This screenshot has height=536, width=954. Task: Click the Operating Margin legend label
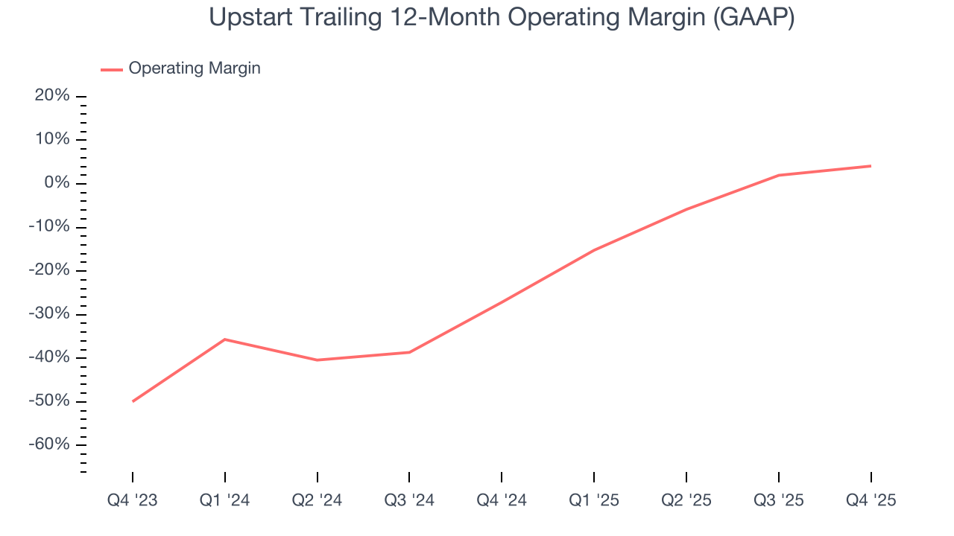click(x=195, y=68)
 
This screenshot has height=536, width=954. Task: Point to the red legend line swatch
click(x=112, y=69)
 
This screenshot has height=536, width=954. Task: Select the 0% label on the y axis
click(x=57, y=183)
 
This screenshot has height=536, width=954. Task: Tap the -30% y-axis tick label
click(x=50, y=313)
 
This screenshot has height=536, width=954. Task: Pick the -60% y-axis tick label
click(x=50, y=444)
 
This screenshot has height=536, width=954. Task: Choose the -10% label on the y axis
click(x=50, y=226)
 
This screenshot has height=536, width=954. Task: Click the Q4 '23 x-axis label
click(x=133, y=500)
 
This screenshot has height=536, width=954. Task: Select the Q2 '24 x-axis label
click(x=318, y=500)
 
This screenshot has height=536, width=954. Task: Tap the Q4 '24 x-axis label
click(x=502, y=500)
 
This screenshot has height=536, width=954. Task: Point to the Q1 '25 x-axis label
click(x=594, y=500)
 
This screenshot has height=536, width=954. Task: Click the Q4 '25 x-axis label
click(x=871, y=500)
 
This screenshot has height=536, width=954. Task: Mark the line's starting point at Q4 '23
click(x=133, y=401)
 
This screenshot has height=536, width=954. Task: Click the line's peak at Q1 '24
click(x=225, y=339)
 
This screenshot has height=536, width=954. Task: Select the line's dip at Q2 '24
click(x=318, y=360)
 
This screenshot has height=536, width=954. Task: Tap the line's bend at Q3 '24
click(x=409, y=352)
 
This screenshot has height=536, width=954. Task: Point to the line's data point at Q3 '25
click(x=779, y=175)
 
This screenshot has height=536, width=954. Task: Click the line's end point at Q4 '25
click(x=871, y=166)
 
